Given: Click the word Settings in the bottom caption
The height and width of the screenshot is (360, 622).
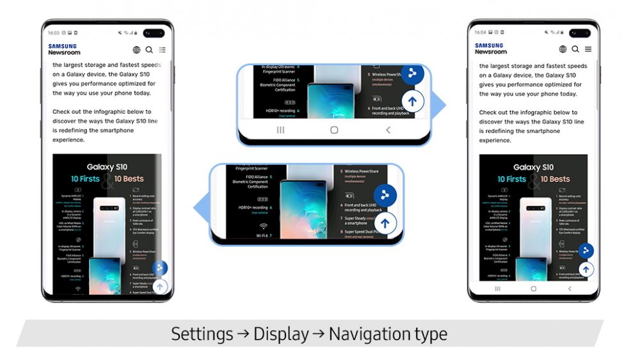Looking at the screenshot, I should click(202, 334).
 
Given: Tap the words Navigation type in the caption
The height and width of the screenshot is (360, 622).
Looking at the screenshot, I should click(388, 334).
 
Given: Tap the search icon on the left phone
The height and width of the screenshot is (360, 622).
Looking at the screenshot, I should click(149, 50).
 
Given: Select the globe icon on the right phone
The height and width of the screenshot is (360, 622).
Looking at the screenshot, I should click(563, 49).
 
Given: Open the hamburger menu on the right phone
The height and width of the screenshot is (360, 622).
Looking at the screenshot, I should click(588, 49).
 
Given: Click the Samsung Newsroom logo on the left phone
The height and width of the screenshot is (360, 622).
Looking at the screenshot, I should click(64, 49).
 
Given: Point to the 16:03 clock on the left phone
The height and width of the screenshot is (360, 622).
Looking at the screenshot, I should click(54, 33).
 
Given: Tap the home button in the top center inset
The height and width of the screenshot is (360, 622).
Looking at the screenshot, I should click(334, 130).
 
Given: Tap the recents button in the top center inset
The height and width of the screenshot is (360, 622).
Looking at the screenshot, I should click(280, 130).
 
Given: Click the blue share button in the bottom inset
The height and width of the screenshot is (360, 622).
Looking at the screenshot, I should click(385, 196).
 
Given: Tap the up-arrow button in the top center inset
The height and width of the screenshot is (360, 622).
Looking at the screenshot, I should click(413, 101).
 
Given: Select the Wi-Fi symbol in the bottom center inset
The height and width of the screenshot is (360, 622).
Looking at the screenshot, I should click(263, 226).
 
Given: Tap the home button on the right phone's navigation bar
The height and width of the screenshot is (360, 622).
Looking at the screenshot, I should click(534, 289).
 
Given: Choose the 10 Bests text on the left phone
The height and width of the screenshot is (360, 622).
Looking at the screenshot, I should click(129, 178).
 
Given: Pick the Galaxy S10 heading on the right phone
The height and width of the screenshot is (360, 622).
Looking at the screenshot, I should click(534, 168).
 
